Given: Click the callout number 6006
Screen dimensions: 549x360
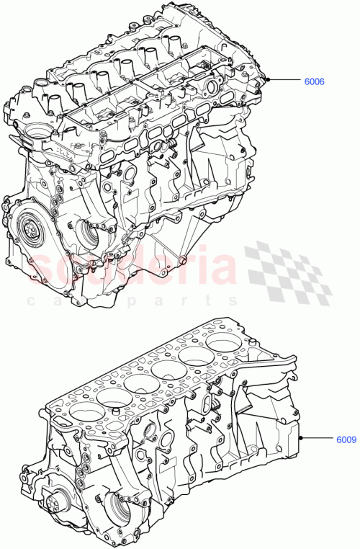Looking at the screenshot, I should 313,81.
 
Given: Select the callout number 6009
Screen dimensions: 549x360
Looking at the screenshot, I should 343,438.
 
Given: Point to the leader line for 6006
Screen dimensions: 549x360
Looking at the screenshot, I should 284,80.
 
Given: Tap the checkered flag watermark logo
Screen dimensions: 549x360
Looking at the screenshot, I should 288,272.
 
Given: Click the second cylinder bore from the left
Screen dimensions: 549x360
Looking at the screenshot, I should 107,398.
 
